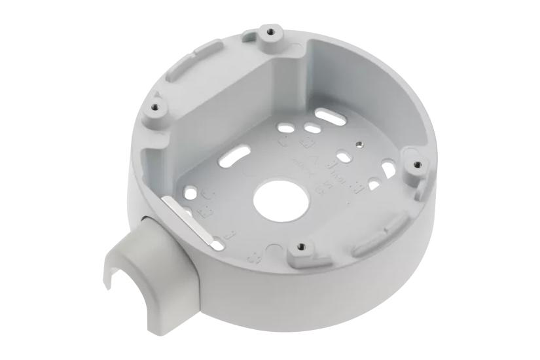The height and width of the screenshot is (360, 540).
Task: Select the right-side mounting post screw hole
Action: coord(413,164)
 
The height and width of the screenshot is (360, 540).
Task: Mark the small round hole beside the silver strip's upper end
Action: coord(190,192)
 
